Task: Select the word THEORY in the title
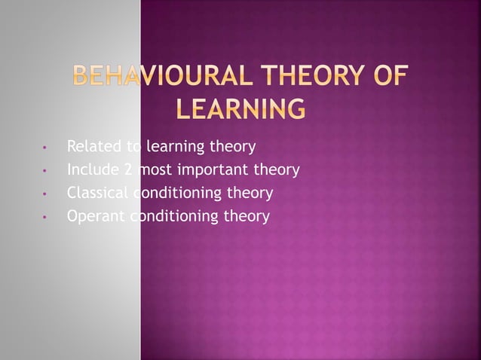[305, 78]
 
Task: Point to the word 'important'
[213, 169]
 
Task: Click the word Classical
[97, 193]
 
